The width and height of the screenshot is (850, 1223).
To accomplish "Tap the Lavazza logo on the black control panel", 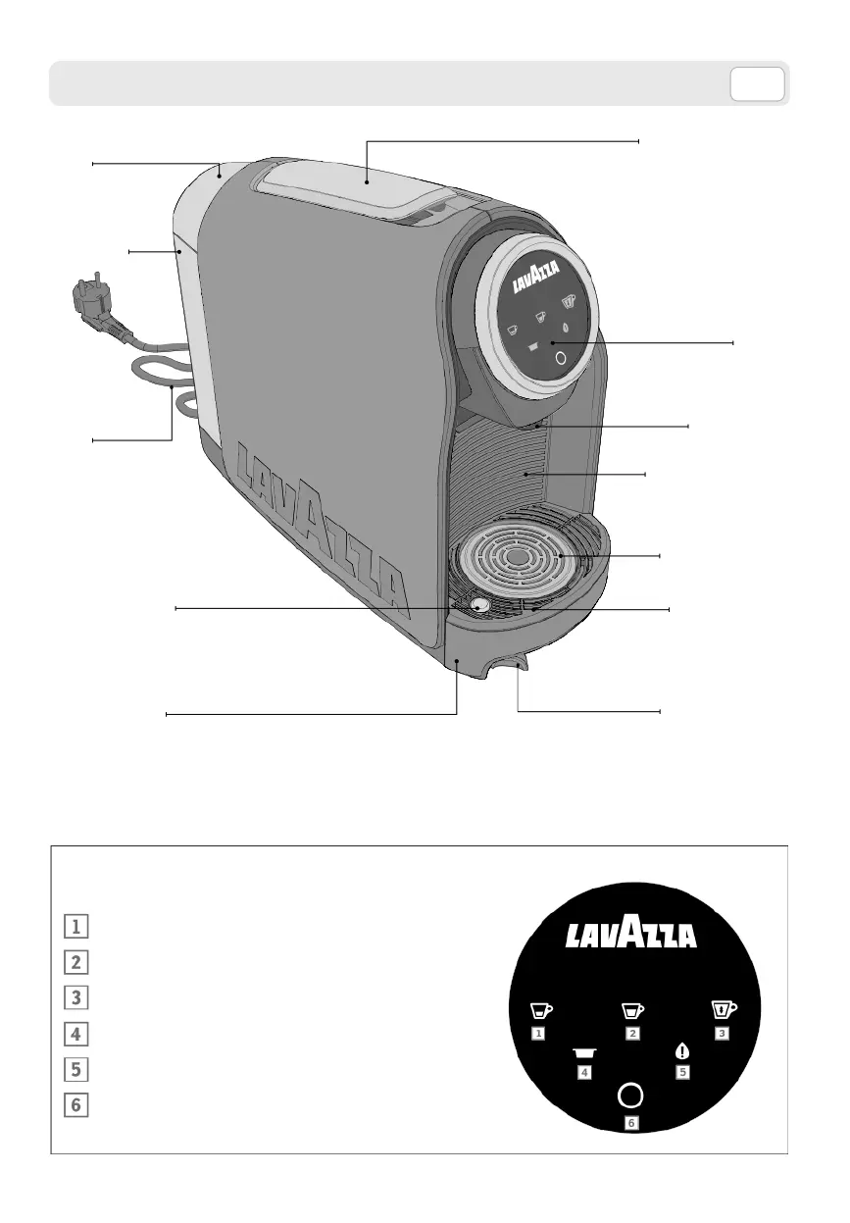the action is coord(631,935).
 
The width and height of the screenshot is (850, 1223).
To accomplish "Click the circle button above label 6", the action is coord(631,1095).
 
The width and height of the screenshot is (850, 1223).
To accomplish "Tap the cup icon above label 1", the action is coord(540,1010).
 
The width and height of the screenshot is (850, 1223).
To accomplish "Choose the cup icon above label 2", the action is coord(632,1010).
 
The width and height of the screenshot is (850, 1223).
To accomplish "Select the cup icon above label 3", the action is coord(724,1010).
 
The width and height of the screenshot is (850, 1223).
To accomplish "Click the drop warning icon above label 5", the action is coord(682,1051).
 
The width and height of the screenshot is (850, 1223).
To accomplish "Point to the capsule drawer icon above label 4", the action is coord(585,1052).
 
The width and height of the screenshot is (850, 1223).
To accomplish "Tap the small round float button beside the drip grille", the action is coord(479,606).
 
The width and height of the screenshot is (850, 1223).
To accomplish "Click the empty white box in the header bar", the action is coord(757,84).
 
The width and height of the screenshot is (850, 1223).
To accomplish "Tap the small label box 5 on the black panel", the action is coord(682,1072).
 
